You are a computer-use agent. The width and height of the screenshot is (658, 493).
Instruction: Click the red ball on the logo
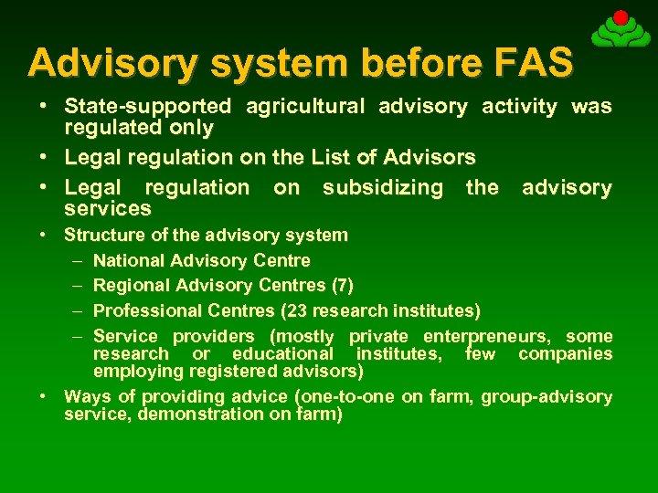pos(621,17)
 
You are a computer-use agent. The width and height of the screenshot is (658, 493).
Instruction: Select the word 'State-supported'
pos(147,107)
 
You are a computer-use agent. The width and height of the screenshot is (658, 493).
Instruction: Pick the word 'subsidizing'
pos(382,188)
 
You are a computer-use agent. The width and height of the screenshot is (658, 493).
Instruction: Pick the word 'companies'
pos(565,353)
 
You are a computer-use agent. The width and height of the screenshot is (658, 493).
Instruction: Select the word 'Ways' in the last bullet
pos(84,396)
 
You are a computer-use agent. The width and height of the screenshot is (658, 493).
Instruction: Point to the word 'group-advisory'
pos(547,396)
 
